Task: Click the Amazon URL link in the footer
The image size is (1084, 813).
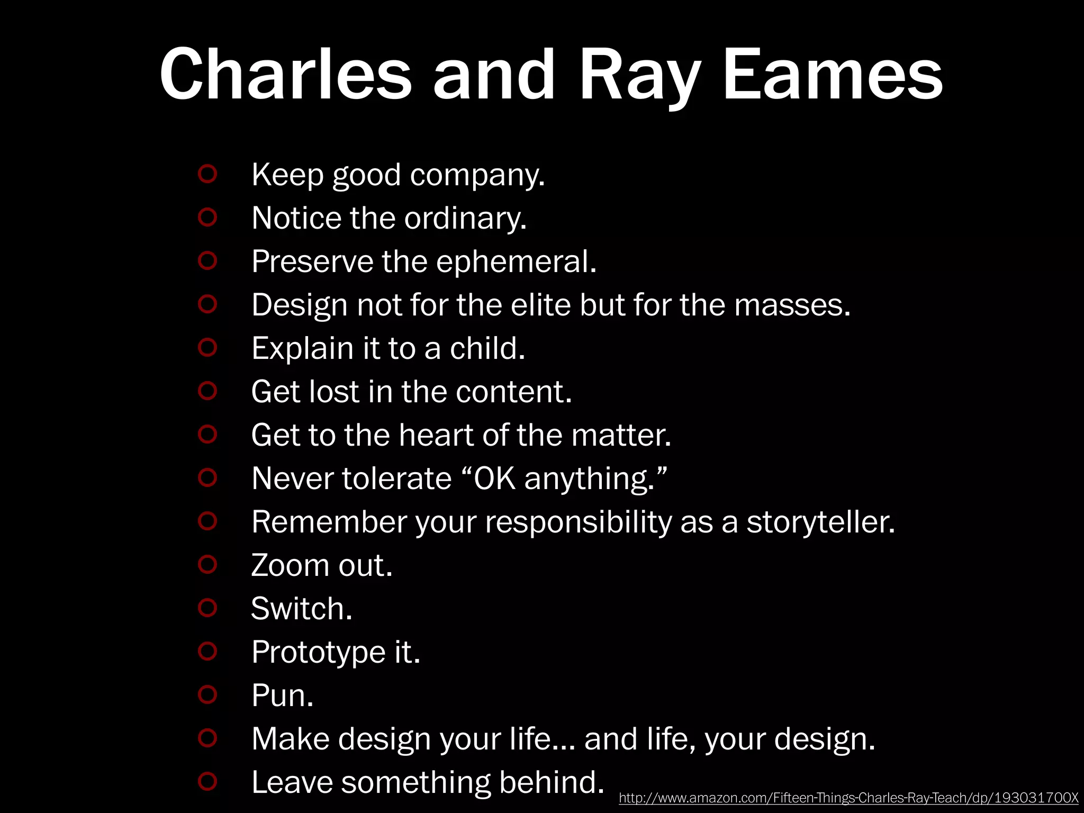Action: click(848, 798)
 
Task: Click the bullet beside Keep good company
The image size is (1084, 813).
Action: click(207, 174)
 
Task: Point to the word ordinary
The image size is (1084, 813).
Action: click(465, 218)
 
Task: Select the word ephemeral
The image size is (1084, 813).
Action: click(516, 261)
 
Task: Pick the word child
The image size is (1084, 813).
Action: click(487, 348)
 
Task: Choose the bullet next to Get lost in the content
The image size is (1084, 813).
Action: click(207, 391)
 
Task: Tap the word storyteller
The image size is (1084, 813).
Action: click(820, 522)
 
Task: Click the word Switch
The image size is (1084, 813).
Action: click(301, 609)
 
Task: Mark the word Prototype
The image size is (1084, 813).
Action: click(318, 652)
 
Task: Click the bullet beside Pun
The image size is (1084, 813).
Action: click(207, 694)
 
